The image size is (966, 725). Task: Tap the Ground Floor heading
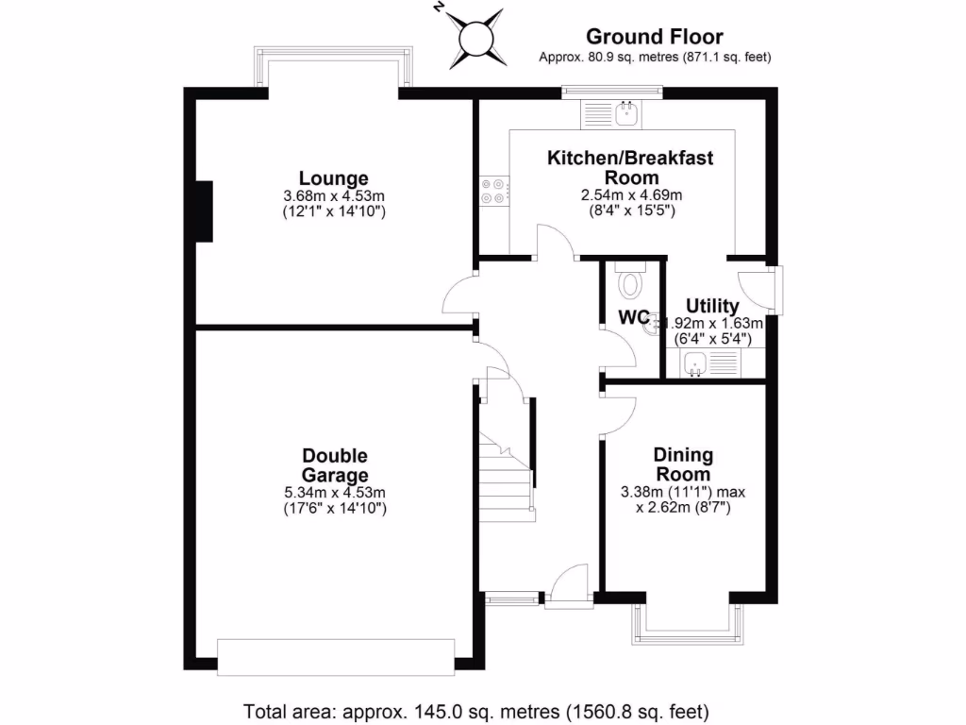point(654,37)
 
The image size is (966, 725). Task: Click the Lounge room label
point(334,177)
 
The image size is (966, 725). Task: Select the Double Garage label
point(334,465)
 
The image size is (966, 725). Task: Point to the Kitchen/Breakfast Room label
point(631,167)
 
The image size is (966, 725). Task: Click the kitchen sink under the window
point(625,114)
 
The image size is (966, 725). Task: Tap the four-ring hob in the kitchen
point(491,192)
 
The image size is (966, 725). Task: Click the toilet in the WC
point(630,281)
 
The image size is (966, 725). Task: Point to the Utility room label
point(712,307)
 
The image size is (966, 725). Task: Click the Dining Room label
point(683,464)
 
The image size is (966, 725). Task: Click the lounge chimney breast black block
point(202,211)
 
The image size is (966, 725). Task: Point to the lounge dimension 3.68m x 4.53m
point(334,195)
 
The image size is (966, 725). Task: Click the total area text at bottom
point(476,710)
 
